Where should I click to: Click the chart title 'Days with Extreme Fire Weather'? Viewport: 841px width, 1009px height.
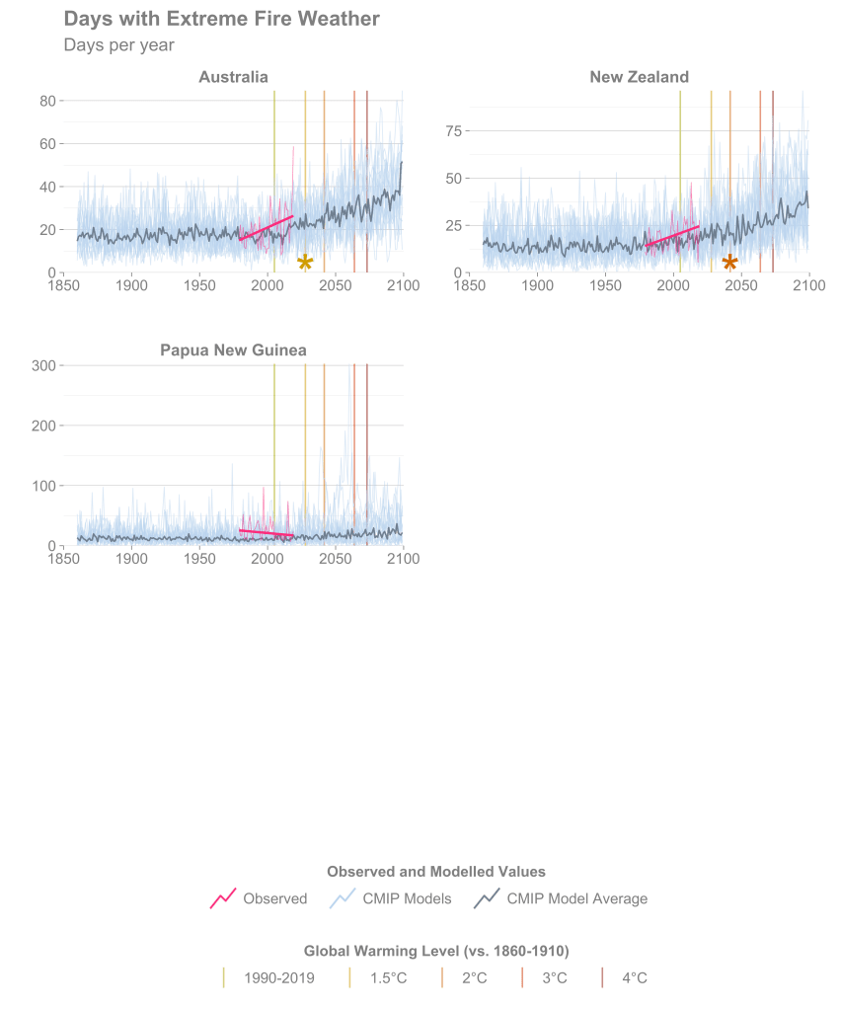221,19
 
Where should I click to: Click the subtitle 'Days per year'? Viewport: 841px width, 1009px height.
118,45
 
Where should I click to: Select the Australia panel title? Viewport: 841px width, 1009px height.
233,77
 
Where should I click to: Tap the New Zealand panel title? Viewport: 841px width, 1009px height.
639,77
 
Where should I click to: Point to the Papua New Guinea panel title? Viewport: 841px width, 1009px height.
233,350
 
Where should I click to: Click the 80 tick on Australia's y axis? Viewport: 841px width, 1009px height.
46,101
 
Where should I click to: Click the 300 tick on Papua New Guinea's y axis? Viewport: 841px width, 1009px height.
44,365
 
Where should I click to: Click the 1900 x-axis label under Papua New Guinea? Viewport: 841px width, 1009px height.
131,559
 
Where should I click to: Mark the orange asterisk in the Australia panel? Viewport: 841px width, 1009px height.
305,263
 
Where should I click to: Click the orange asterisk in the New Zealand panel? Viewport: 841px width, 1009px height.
729,263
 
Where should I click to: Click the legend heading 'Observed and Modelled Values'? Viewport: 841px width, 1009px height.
435,872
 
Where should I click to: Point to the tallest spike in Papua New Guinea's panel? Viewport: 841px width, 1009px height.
349,365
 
